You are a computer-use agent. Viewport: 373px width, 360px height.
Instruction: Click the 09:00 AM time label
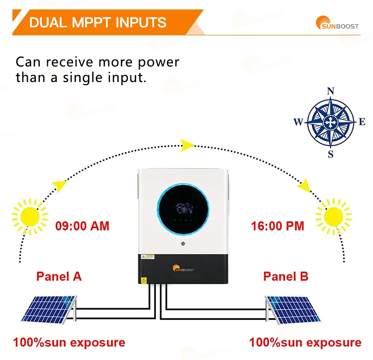click(82, 226)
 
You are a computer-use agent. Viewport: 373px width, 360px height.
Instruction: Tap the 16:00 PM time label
click(277, 226)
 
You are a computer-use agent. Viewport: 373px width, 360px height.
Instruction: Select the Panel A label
click(59, 276)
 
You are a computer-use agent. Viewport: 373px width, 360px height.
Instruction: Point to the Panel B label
click(286, 276)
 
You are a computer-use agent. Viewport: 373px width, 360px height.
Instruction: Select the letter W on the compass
click(298, 122)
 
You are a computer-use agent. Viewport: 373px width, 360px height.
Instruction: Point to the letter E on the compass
click(363, 122)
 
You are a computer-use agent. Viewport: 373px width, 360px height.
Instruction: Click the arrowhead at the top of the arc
click(187, 145)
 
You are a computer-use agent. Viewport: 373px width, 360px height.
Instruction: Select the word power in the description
click(159, 63)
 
